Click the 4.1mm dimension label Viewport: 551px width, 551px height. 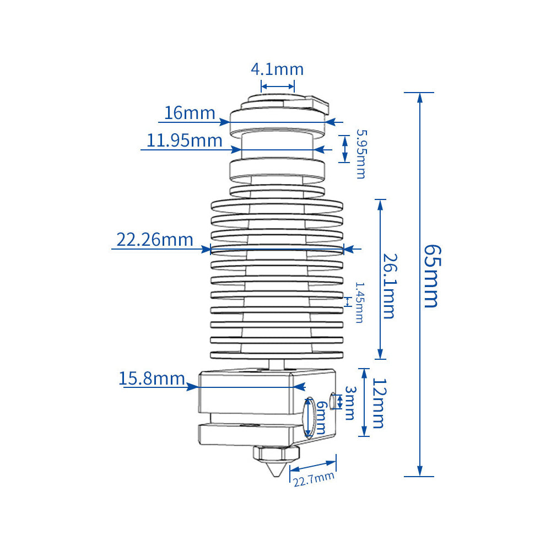tap(277, 69)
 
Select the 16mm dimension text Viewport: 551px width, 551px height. tap(190, 113)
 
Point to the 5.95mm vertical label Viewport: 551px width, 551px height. tap(361, 154)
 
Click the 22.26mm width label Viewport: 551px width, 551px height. tap(155, 240)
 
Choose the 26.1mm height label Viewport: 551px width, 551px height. tap(390, 286)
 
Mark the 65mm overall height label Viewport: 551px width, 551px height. tap(431, 276)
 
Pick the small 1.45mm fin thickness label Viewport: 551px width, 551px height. tap(360, 302)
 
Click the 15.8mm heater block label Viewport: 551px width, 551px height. tap(152, 379)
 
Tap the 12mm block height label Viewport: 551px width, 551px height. tap(379, 403)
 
